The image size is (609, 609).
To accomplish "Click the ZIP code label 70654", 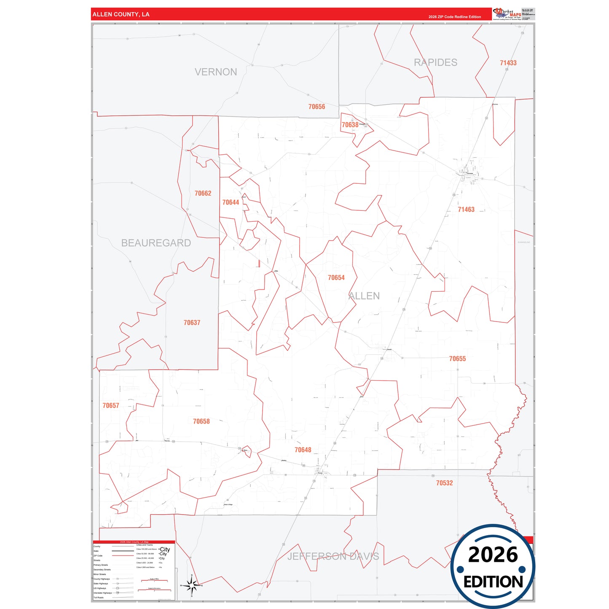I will point(336,278).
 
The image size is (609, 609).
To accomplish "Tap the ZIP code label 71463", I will point(466,209).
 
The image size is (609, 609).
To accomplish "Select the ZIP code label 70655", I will point(457,359).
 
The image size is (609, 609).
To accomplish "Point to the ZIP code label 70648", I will point(303,450).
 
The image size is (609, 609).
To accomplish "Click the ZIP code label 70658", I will point(201,421).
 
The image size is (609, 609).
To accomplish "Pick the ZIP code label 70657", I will point(111,405).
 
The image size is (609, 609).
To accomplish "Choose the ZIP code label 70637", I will point(192,323).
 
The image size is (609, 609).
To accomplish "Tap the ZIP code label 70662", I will point(203,193).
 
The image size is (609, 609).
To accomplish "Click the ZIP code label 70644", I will point(231,202).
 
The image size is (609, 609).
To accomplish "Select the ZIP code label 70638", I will point(350,125).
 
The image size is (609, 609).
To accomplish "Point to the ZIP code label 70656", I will point(317,107).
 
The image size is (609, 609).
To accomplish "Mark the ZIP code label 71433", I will point(508,63).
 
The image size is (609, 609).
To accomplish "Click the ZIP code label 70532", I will point(444,483).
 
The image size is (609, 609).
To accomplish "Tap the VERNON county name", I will point(216,72).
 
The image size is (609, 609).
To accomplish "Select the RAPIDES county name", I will point(435,62).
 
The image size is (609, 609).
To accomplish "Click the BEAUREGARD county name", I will point(156,243).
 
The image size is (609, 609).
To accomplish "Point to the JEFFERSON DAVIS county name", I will point(333,556).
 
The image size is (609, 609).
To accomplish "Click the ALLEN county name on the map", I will point(364,296).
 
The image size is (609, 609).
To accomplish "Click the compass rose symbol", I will point(191,585).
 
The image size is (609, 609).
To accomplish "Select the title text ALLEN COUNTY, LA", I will point(121,14).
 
